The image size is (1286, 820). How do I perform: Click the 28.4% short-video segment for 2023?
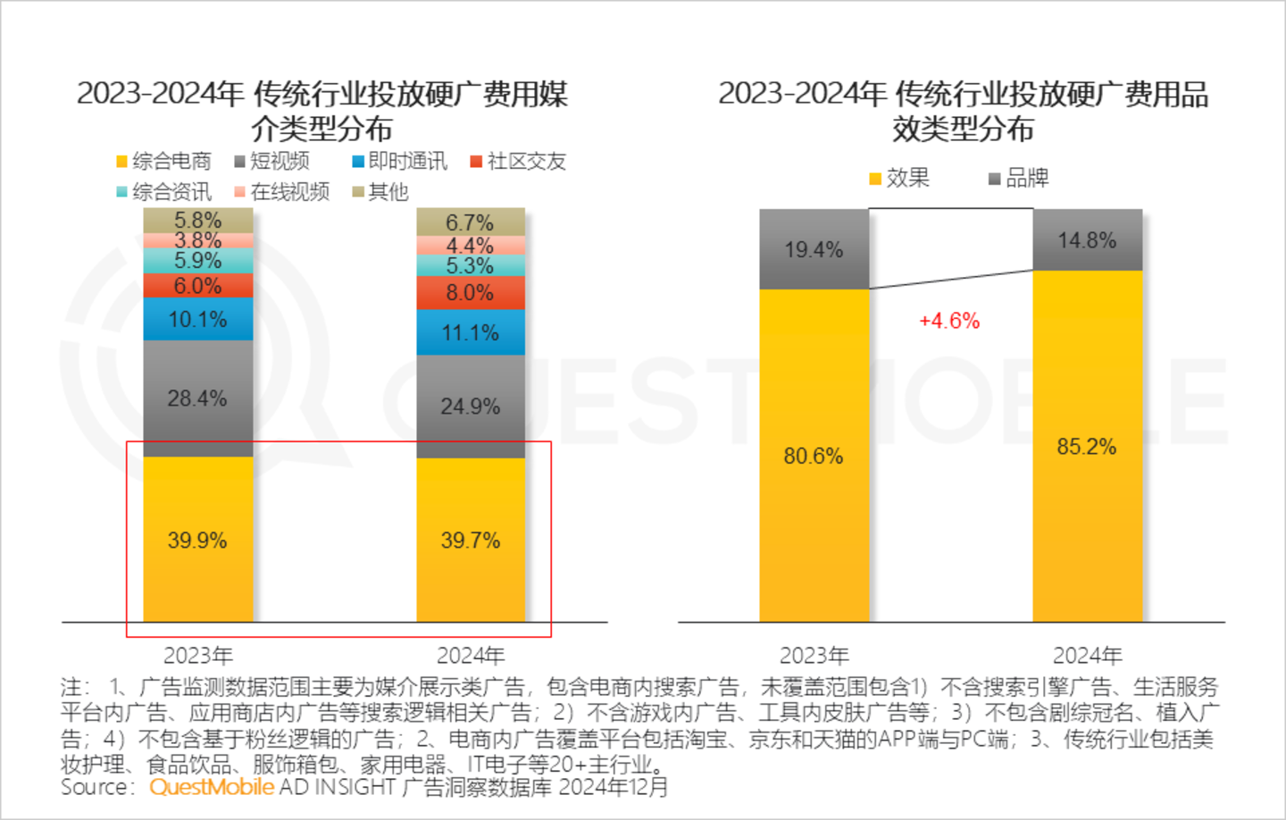click(x=197, y=398)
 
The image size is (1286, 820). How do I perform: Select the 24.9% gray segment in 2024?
click(x=471, y=406)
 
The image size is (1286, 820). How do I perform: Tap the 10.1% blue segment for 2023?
click(x=197, y=320)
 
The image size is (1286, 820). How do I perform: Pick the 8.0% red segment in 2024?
click(x=471, y=293)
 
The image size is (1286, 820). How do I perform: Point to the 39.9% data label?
click(x=197, y=540)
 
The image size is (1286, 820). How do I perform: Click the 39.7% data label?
click(x=471, y=540)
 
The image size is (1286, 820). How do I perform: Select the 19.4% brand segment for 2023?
click(x=814, y=250)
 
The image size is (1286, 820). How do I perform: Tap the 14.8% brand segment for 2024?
click(x=1087, y=240)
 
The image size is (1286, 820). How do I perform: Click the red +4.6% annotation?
click(x=949, y=321)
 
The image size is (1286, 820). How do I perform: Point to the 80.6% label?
click(x=814, y=456)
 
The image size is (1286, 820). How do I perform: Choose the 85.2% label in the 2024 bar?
click(x=1087, y=447)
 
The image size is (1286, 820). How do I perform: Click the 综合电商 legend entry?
click(x=164, y=162)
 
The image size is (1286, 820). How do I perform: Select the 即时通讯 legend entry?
click(x=400, y=162)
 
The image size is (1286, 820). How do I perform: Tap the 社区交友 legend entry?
click(x=519, y=162)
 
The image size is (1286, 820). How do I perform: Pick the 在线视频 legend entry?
click(x=282, y=192)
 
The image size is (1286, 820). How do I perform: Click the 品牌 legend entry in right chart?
click(x=1019, y=179)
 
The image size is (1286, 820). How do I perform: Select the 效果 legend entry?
click(x=900, y=179)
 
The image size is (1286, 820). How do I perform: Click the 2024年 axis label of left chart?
click(x=471, y=656)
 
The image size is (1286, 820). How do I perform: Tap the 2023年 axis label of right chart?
click(x=814, y=656)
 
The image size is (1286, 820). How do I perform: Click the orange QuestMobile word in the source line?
click(x=212, y=787)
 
